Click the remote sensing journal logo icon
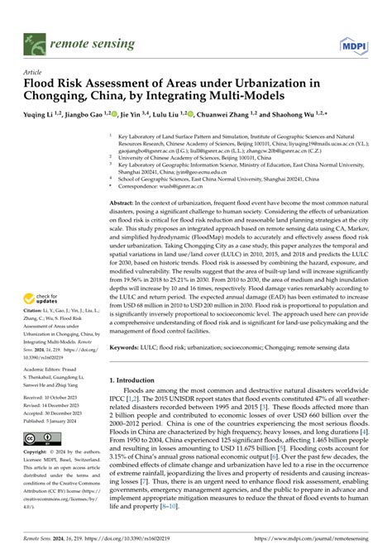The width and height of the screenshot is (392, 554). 35,39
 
